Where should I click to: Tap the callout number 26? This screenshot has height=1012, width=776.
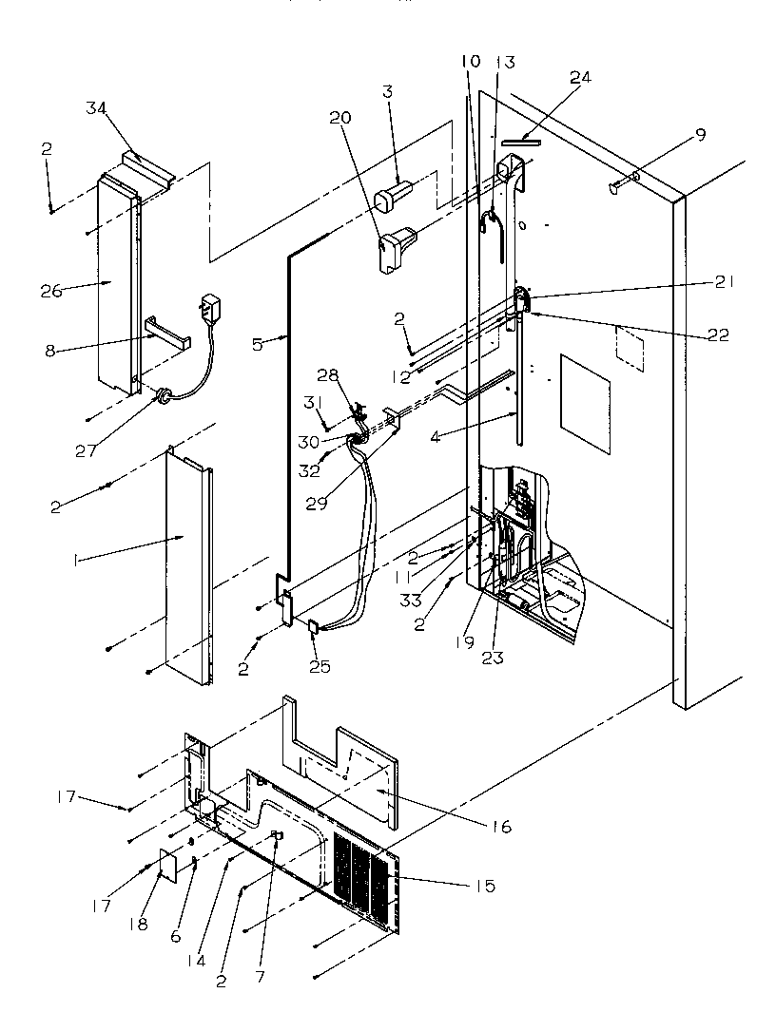52,290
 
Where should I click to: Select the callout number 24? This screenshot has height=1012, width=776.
579,78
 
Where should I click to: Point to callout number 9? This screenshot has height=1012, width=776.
700,135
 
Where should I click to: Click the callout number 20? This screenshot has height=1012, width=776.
340,118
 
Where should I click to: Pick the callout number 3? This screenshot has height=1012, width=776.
388,91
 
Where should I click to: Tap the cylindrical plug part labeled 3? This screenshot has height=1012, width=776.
393,199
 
